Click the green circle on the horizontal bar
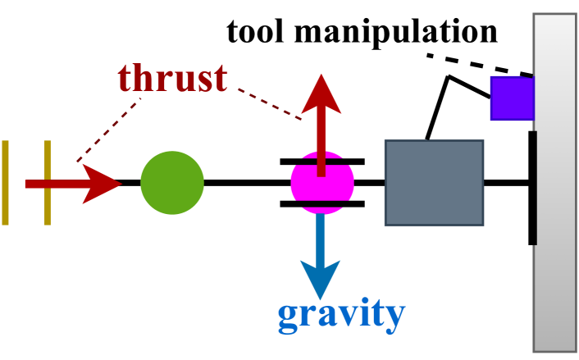tap(172, 183)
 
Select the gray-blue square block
tap(434, 182)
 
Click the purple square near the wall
tap(513, 98)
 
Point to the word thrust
tap(172, 78)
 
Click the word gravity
tap(341, 314)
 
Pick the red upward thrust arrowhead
tap(321, 94)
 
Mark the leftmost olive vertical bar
tap(6, 183)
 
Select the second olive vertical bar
tap(48, 183)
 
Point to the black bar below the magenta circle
tap(322, 203)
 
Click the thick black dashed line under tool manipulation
tap(480, 65)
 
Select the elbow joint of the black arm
tap(448, 78)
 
